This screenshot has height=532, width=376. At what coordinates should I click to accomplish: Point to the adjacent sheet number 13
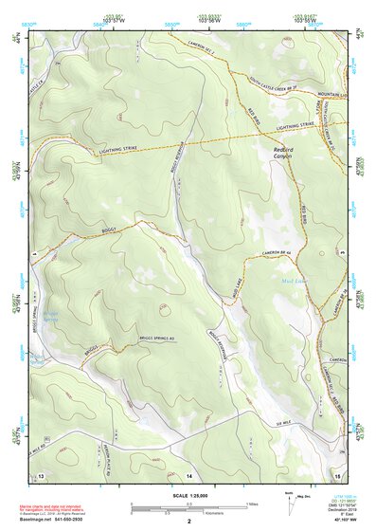point(40,473)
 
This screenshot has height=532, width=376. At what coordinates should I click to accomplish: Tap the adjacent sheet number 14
point(188,473)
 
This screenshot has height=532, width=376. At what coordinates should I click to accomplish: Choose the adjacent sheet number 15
point(337,473)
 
